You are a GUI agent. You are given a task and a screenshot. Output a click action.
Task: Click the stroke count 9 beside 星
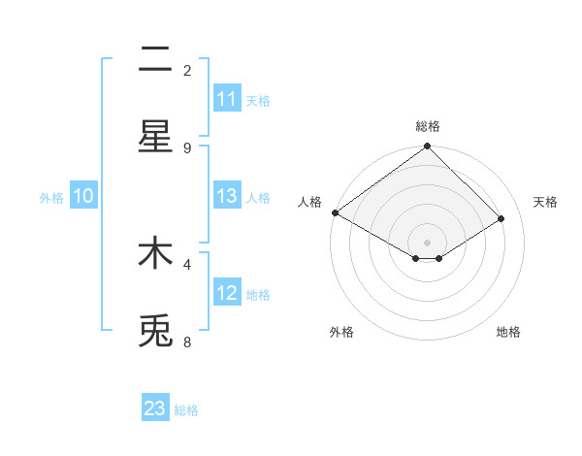(x=187, y=147)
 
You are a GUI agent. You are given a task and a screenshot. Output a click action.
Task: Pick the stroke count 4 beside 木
(x=187, y=263)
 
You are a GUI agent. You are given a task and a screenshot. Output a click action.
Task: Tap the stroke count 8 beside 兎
(x=187, y=342)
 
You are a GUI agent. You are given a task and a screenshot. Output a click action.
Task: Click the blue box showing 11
(x=227, y=99)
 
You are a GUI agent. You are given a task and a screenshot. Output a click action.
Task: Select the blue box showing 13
(x=227, y=196)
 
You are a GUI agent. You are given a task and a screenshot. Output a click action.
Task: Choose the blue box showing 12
(x=227, y=293)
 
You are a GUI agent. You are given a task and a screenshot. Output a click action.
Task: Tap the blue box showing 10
(x=83, y=196)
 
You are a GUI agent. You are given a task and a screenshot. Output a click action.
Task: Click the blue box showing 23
(x=155, y=408)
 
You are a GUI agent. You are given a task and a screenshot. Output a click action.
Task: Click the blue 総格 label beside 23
(x=187, y=410)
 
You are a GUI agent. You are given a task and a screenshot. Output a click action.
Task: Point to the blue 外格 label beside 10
(x=51, y=197)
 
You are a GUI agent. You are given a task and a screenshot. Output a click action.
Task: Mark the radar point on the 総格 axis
(x=427, y=147)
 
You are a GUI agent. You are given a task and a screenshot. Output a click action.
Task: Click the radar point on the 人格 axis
(x=335, y=212)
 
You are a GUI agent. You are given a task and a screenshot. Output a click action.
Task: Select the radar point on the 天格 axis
(x=501, y=219)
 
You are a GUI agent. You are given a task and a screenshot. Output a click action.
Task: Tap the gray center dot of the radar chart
(x=427, y=242)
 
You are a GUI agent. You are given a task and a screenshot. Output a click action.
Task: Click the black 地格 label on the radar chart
(x=508, y=332)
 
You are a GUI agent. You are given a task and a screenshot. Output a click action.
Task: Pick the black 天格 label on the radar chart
(x=545, y=202)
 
